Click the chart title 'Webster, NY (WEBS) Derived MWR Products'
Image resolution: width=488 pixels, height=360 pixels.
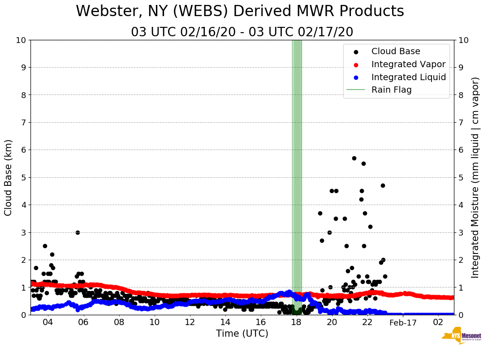click(x=240, y=11)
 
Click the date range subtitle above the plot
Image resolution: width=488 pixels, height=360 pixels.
click(x=242, y=32)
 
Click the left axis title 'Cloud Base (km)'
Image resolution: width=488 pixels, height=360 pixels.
click(x=9, y=177)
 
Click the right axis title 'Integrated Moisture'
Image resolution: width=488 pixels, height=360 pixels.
click(x=475, y=177)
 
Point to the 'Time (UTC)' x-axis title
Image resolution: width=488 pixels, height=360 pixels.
click(x=242, y=334)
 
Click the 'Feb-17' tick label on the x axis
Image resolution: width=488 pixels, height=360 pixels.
click(x=403, y=323)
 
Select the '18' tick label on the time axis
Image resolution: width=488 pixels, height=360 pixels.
click(x=296, y=322)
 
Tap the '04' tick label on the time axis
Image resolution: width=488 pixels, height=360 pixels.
click(x=48, y=322)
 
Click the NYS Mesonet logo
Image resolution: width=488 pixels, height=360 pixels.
click(x=462, y=337)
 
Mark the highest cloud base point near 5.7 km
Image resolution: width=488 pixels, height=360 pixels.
click(x=354, y=158)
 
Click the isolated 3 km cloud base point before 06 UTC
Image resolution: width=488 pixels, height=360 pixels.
click(x=78, y=232)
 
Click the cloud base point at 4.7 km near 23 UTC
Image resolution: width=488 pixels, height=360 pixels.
click(x=383, y=185)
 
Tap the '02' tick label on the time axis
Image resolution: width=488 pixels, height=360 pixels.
click(x=438, y=322)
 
